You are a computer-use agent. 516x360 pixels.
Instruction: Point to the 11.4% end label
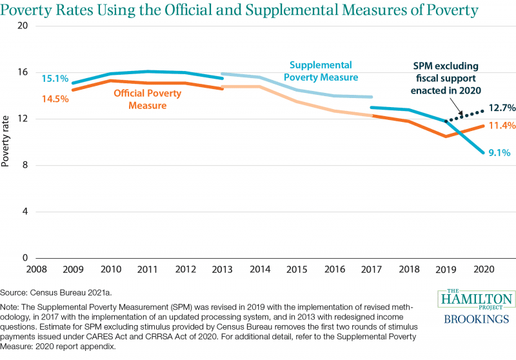(x=502, y=125)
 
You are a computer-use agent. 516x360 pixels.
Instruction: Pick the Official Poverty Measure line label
(x=148, y=99)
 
